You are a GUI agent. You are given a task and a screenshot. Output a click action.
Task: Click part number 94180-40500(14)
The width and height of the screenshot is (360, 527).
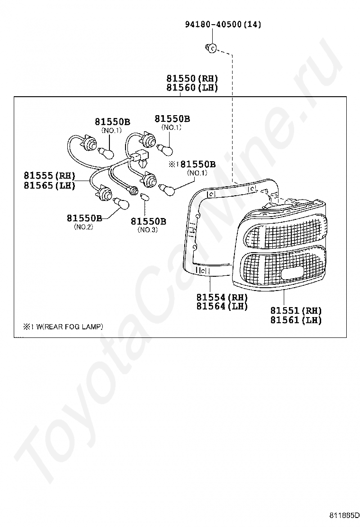(223, 25)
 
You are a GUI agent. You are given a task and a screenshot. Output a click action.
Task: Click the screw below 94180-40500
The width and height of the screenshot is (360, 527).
(211, 47)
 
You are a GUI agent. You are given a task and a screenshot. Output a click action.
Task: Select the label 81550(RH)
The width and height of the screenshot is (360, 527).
(192, 79)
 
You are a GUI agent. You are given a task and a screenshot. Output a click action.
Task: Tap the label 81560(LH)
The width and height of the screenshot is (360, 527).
(192, 88)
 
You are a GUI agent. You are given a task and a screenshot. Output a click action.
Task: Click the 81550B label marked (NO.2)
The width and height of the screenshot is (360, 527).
(84, 218)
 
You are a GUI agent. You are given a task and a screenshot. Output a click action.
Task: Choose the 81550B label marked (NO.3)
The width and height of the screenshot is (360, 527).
(148, 221)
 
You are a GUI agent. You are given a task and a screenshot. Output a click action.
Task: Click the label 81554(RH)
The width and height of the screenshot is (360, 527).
(222, 297)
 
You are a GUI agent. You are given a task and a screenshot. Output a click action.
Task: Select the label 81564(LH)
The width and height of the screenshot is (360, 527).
(222, 307)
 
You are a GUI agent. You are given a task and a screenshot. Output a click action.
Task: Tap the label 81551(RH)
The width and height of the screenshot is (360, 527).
(296, 311)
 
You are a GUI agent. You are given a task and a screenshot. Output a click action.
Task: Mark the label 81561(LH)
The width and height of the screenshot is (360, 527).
(296, 320)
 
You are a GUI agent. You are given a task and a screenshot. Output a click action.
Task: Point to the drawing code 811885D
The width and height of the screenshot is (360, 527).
(345, 516)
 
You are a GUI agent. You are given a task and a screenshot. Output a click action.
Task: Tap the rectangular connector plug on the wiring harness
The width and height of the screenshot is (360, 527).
(140, 155)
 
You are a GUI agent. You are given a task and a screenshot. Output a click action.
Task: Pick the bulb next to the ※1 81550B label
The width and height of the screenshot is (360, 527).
(169, 188)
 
